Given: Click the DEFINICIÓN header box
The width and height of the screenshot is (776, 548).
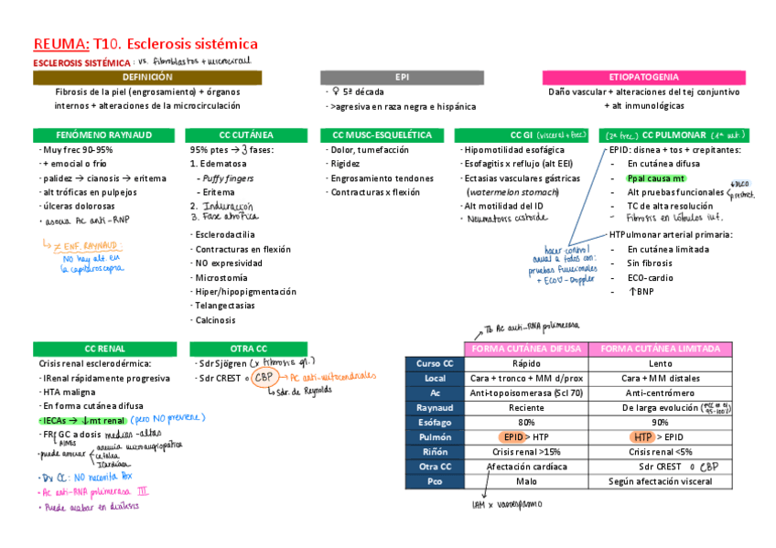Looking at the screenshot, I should click(x=146, y=78).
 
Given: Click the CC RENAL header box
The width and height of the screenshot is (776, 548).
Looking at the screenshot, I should click(x=105, y=349).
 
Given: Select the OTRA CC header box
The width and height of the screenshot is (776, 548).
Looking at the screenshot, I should click(x=248, y=349).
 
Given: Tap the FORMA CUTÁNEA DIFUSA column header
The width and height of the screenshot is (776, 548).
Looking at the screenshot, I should click(x=526, y=349).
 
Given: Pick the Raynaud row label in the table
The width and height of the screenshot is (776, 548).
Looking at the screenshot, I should click(x=435, y=407).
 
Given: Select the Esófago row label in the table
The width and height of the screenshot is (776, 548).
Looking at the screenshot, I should click(x=435, y=422).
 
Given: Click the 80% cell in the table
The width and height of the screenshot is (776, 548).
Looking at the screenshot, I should click(x=526, y=422).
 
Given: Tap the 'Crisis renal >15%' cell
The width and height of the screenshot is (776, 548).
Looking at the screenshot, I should click(x=526, y=451).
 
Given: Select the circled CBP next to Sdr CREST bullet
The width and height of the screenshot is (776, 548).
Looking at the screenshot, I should click(x=264, y=377).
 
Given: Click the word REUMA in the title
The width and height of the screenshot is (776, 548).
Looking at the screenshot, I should click(x=60, y=43).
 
